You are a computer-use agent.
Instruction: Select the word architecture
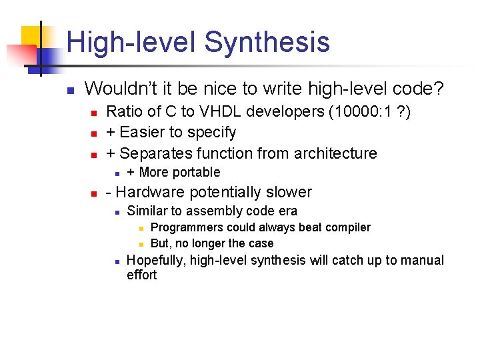(331, 153)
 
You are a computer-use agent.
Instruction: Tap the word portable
(197, 173)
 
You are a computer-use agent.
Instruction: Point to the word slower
(288, 193)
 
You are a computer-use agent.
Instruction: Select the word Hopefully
(156, 260)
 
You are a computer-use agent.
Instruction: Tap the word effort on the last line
(141, 275)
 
